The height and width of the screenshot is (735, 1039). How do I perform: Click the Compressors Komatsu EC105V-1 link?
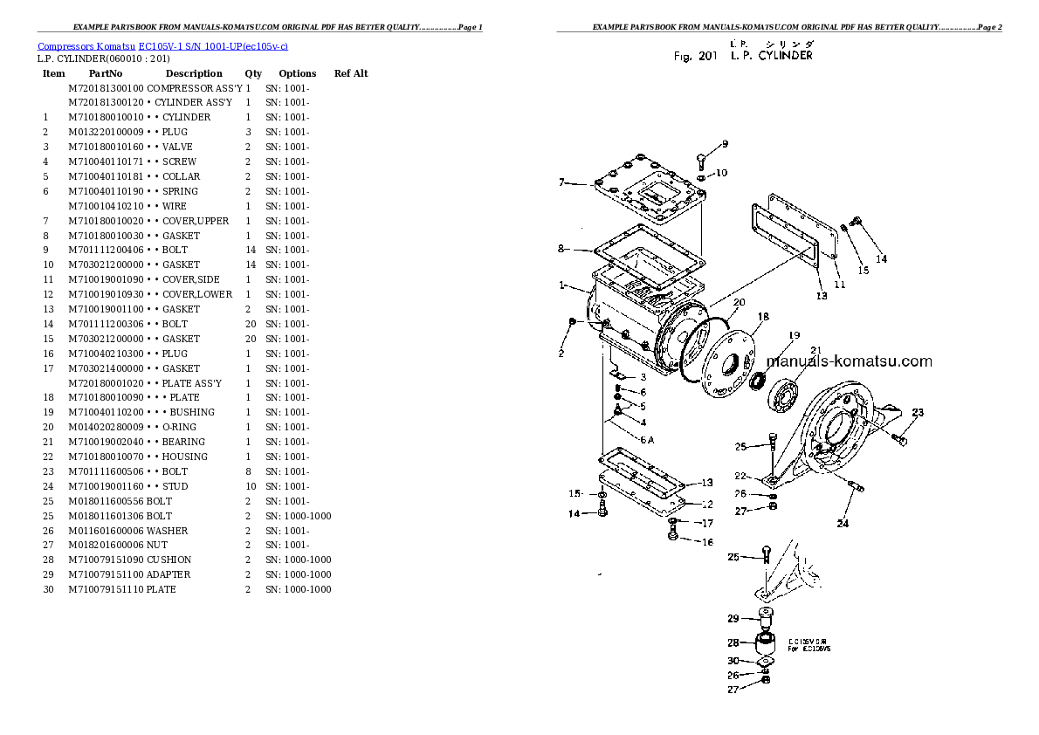163,45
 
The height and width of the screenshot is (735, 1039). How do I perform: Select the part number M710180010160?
105,147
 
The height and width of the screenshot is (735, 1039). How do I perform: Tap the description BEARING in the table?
184,442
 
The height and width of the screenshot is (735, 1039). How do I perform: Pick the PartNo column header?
105,73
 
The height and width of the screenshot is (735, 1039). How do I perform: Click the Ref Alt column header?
351,73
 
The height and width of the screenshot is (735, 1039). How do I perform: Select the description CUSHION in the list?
169,560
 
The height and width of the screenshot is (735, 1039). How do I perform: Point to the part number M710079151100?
105,574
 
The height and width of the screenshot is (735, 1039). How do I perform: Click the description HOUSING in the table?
185,457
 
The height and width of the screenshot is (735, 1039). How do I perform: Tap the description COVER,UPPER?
196,221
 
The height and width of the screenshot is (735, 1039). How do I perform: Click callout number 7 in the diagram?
563,182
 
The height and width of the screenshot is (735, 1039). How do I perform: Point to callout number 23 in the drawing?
918,413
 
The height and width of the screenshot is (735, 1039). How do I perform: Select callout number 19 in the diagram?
795,335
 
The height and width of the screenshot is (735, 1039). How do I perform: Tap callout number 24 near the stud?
843,524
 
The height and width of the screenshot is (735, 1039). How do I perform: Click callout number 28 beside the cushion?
733,642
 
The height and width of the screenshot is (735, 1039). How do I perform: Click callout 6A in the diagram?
647,440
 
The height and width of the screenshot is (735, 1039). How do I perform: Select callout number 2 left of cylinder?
561,353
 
